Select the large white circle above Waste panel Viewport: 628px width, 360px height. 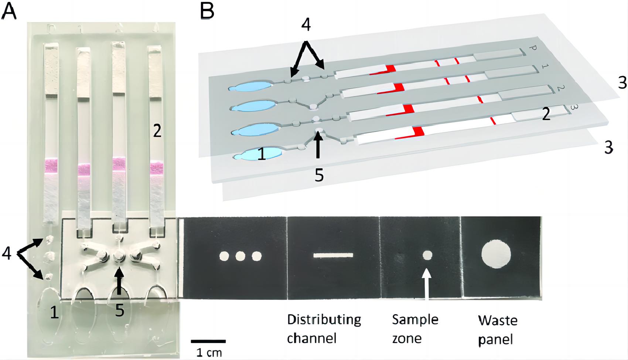pyautogui.click(x=496, y=255)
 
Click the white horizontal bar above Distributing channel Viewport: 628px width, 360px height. pyautogui.click(x=333, y=255)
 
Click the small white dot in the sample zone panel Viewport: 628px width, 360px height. pyautogui.click(x=427, y=255)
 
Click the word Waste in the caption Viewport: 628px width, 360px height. pyautogui.click(x=497, y=320)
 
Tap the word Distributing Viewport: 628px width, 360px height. pyautogui.click(x=324, y=320)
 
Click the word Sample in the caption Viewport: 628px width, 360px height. pyautogui.click(x=415, y=320)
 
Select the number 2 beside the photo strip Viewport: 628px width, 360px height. pyautogui.click(x=157, y=131)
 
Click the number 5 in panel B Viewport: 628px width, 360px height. pyautogui.click(x=319, y=175)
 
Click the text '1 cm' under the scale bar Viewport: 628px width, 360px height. pyautogui.click(x=209, y=352)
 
